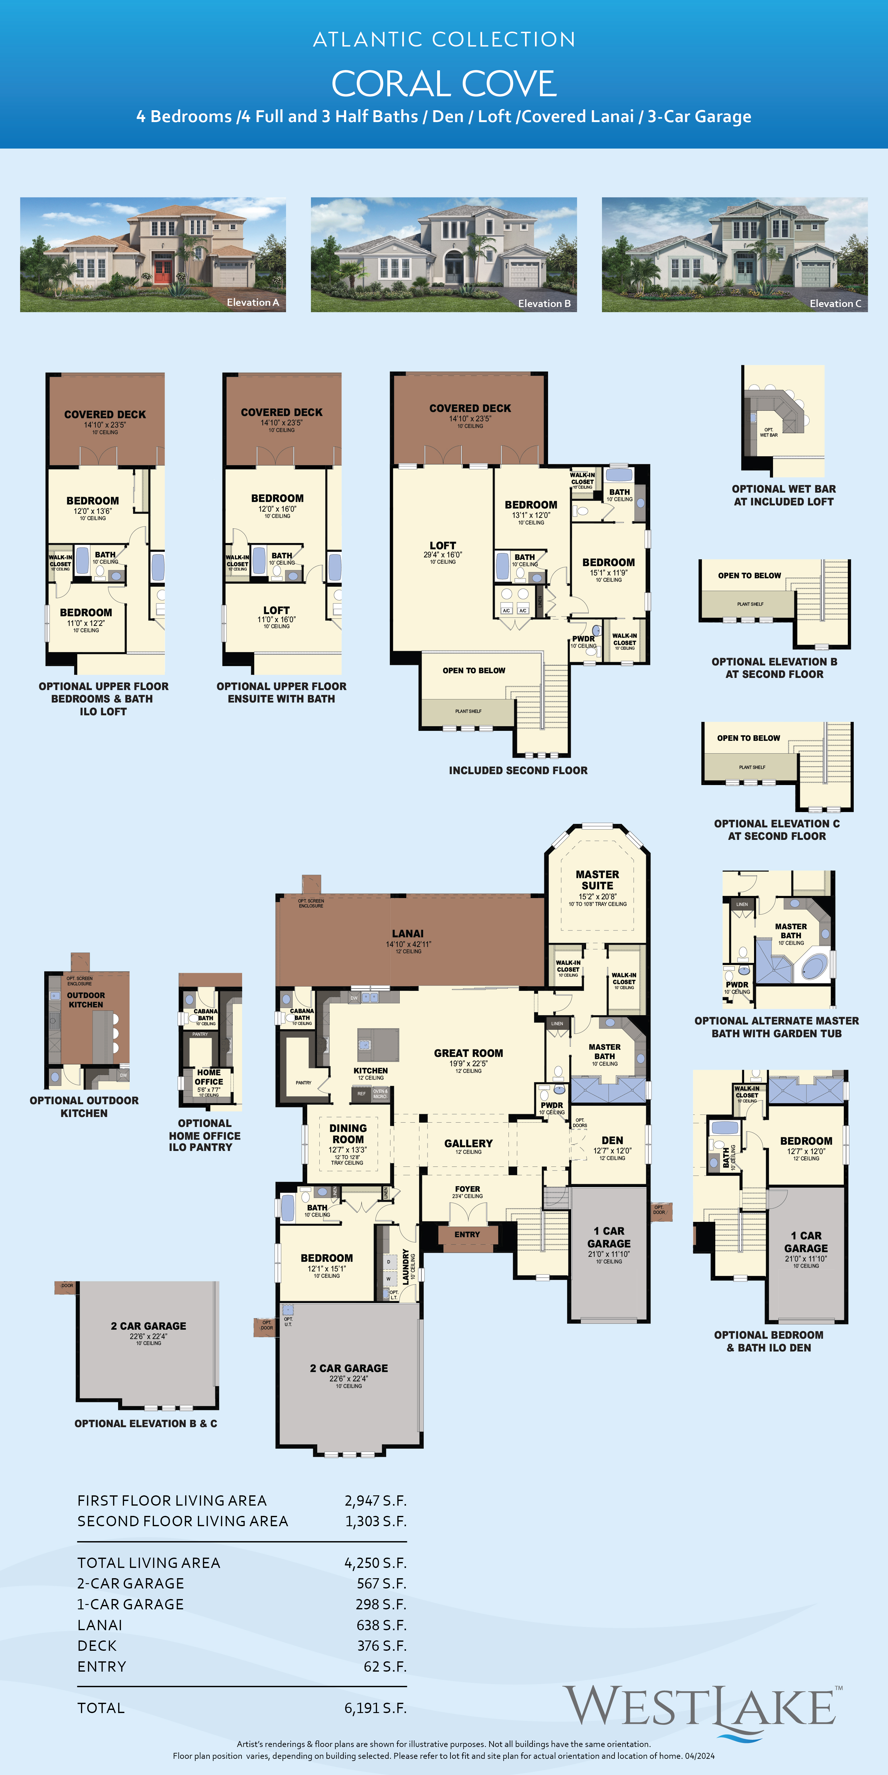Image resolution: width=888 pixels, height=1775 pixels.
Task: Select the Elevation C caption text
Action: (835, 303)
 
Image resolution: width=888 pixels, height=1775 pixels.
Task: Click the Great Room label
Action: (468, 1053)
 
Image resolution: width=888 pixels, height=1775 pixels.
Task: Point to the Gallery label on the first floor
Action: (468, 1143)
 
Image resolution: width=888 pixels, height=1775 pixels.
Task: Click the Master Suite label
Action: (597, 880)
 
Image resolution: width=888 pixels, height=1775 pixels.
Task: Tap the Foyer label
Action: (467, 1189)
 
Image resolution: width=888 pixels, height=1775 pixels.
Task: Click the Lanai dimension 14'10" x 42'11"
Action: (408, 944)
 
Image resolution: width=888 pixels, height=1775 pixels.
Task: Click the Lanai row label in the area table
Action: (100, 1625)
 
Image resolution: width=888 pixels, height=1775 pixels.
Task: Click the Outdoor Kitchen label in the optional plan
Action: (86, 1000)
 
